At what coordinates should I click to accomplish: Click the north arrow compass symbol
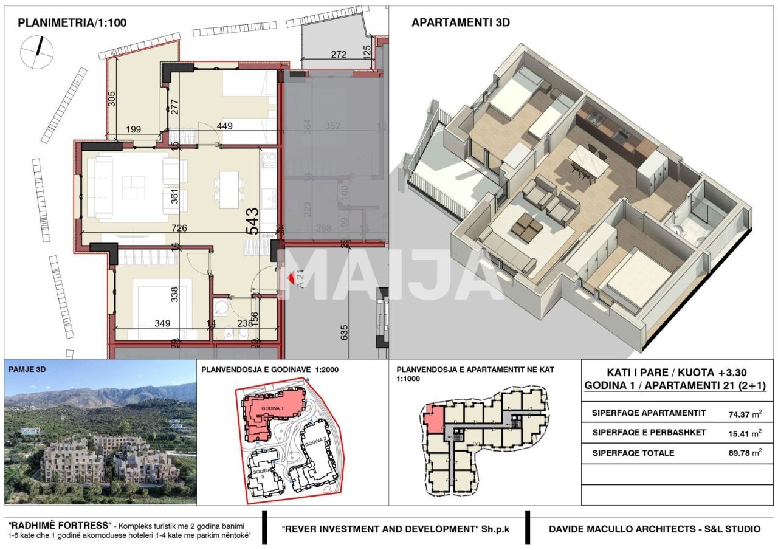(37, 51)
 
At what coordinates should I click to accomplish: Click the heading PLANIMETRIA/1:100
(72, 23)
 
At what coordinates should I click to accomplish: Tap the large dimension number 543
(252, 221)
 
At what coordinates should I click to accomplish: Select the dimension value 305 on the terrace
(112, 98)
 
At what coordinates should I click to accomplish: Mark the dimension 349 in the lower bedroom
(162, 324)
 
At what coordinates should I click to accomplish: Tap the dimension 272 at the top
(339, 54)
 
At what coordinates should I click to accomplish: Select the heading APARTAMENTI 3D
(460, 23)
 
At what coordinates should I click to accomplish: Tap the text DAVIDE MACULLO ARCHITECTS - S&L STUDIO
(654, 529)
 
